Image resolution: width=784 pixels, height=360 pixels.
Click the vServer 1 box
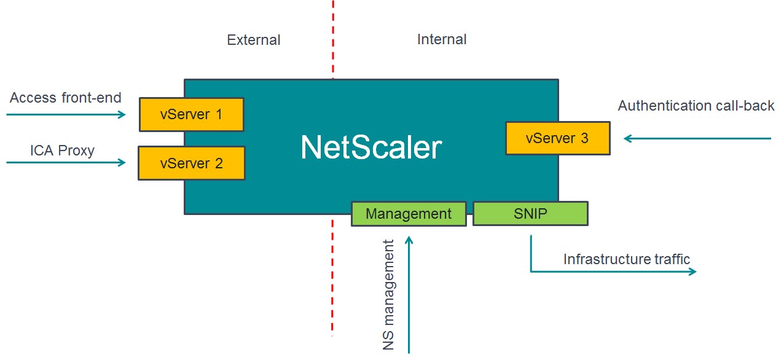191,114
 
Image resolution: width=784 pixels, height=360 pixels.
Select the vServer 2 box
191,163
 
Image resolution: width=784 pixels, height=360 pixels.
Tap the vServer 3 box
557,138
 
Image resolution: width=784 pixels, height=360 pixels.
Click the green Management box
408,214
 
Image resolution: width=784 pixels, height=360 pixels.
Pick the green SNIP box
530,213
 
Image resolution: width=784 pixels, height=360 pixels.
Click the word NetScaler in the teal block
371,147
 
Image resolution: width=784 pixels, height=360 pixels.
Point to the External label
253,40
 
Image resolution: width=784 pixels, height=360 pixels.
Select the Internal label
442,39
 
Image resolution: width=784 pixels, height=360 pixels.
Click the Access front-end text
66,98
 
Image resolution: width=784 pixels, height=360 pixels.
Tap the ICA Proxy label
62,151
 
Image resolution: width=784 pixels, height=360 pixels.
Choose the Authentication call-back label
696,106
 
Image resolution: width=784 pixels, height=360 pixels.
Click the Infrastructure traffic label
627,259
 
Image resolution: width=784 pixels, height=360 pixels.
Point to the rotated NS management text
389,295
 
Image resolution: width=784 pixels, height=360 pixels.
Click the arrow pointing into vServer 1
66,114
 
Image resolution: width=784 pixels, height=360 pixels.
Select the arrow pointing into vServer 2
66,162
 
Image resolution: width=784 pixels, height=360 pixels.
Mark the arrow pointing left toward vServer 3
697,139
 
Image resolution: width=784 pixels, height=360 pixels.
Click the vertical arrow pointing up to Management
409,295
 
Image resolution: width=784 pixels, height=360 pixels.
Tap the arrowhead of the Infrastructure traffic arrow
692,271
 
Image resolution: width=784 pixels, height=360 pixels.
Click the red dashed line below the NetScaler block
332,276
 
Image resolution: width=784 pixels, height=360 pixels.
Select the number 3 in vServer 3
584,138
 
